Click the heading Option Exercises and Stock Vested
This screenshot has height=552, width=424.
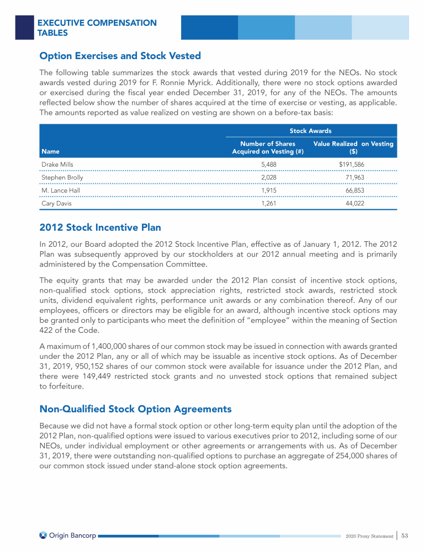(120, 56)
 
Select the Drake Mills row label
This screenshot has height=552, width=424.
(57, 164)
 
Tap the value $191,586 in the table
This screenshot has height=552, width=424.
(352, 164)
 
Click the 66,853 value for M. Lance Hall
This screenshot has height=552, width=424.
(353, 190)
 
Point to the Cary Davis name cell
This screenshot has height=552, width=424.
(56, 203)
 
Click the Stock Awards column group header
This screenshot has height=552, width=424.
(311, 131)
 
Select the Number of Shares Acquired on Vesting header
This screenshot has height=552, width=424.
(268, 147)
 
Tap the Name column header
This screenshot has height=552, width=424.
(49, 151)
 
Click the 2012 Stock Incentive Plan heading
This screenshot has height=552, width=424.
(100, 227)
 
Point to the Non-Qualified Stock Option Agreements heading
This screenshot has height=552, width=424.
(135, 409)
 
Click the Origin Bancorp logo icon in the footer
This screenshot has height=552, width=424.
(43, 535)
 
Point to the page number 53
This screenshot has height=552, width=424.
(404, 535)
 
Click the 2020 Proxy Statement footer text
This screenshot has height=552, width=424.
(369, 536)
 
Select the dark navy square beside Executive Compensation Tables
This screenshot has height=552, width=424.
(24, 27)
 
